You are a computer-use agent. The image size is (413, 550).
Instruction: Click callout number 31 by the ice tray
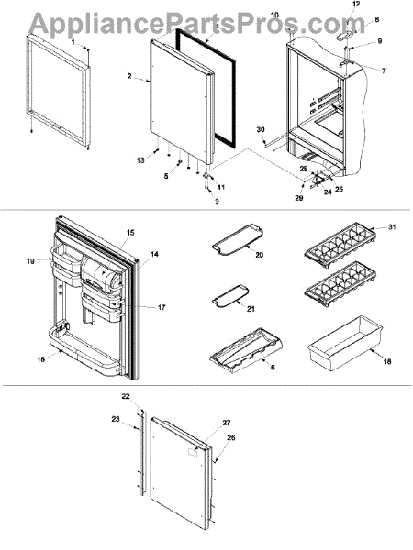[392, 227]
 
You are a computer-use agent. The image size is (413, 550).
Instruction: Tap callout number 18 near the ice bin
[387, 362]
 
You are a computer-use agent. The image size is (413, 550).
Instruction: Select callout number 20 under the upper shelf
[259, 255]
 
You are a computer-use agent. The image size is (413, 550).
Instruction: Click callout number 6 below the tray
[273, 368]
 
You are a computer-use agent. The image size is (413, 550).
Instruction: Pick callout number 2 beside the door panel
[129, 76]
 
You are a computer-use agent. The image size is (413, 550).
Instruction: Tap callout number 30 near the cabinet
[261, 130]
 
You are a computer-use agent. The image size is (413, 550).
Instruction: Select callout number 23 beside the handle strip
[116, 419]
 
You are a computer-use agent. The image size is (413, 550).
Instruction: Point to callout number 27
[226, 423]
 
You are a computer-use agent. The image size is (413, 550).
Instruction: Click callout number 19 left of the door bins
[30, 261]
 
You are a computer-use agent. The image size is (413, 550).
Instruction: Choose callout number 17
[162, 308]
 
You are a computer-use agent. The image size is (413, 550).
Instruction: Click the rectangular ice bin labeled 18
[345, 341]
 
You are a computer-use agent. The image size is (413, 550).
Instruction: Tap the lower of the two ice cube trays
[341, 283]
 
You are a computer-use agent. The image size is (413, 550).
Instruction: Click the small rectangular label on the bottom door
[193, 453]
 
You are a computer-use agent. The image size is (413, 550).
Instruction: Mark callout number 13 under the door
[140, 160]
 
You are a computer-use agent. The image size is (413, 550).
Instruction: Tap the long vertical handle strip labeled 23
[142, 455]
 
